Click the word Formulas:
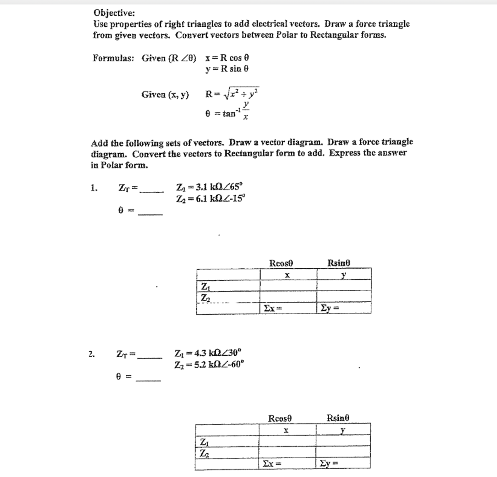click(113, 58)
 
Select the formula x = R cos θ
click(227, 58)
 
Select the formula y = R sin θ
click(227, 69)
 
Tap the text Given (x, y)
click(165, 94)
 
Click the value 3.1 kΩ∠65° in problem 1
click(219, 187)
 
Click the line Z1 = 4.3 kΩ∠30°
click(208, 353)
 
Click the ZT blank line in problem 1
click(152, 190)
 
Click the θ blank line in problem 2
click(149, 379)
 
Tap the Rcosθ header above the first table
click(281, 263)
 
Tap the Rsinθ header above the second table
click(338, 418)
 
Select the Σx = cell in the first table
click(288, 308)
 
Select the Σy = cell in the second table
click(342, 463)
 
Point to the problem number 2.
click(91, 354)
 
